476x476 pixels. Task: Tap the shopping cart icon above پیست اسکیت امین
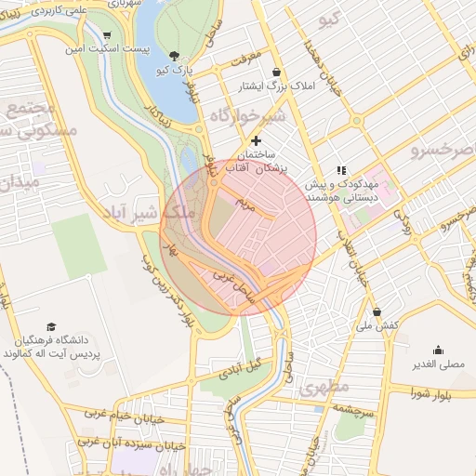coord(108,33)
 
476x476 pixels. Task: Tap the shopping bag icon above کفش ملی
coord(377,312)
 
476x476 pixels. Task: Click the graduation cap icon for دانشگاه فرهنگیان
coord(51,326)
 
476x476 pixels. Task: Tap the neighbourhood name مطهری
coord(324,386)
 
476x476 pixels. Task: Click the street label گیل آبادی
coord(241,368)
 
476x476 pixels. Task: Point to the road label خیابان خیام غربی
coord(125,415)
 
